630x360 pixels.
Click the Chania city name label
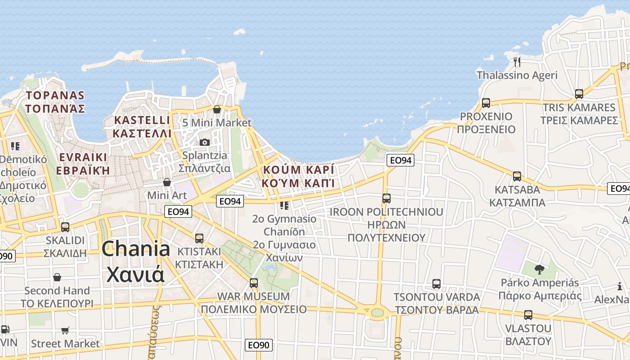point(135,261)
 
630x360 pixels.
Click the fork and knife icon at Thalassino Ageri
point(517,62)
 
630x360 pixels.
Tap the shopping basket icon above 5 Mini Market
point(217,109)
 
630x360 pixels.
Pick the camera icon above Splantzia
point(205,142)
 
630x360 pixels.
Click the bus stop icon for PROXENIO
point(486,103)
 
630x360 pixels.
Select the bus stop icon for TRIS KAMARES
point(579,94)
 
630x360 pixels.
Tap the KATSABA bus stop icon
point(517,176)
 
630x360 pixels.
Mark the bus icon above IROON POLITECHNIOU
point(386,198)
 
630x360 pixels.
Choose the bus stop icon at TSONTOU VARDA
point(436,284)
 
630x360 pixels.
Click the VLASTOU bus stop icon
point(528,315)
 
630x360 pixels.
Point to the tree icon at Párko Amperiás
point(539,270)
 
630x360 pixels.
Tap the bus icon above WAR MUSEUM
point(254,283)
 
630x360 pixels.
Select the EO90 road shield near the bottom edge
point(259,345)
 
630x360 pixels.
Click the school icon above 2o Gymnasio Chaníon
point(284,206)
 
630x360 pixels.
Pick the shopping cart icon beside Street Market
point(65,331)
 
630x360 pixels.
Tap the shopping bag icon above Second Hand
point(57,277)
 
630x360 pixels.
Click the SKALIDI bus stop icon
point(65,227)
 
